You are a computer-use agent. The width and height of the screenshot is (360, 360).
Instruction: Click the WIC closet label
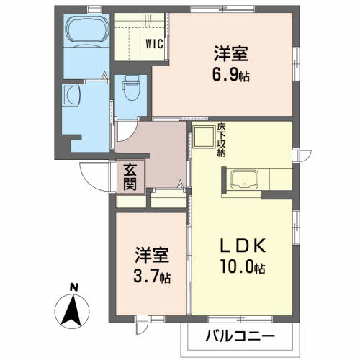coord(155,42)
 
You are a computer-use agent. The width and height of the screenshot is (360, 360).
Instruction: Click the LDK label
coord(240,244)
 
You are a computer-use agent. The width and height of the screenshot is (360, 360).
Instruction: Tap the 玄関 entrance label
coord(130,176)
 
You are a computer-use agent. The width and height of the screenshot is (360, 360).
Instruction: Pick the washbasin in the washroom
coord(73,95)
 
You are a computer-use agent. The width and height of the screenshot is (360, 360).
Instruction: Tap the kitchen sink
coord(246,179)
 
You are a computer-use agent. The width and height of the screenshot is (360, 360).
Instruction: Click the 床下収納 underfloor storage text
coord(222,142)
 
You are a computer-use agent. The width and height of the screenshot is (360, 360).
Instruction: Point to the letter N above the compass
coord(73,288)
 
